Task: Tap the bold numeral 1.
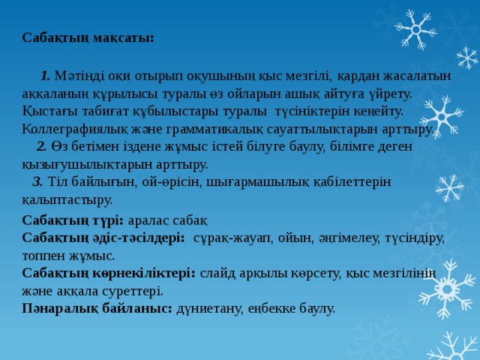(x=45, y=75)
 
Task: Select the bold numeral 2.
(x=41, y=146)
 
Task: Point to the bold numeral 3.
(x=37, y=182)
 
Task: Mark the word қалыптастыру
(x=67, y=200)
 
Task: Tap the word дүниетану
(x=208, y=309)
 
